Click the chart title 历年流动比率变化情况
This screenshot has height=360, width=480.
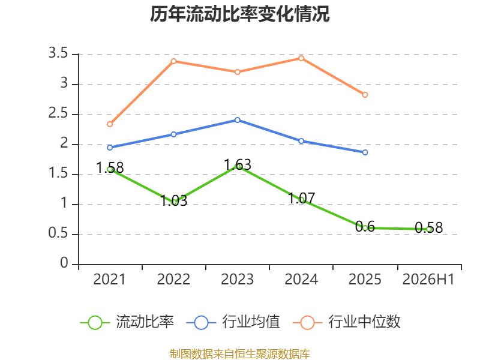point(239,14)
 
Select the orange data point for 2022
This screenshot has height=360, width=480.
point(173,61)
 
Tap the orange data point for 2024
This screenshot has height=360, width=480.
point(301,58)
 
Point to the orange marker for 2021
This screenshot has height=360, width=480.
point(110,124)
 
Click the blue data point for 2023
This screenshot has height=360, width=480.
point(238,120)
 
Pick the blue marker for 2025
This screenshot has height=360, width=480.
point(365,152)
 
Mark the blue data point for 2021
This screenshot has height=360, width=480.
point(110,148)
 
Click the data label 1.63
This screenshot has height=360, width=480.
point(238,164)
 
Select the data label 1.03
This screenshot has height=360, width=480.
point(174,200)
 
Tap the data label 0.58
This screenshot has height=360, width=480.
point(429,228)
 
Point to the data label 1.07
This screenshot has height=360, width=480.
point(302,198)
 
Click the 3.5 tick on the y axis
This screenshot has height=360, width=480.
point(58,53)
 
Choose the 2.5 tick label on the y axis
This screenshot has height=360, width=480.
point(58,113)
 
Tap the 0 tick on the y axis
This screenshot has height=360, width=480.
point(64,263)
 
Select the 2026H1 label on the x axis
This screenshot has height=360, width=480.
point(428,279)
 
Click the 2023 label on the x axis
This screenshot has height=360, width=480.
point(238,279)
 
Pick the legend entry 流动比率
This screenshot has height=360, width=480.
point(127,322)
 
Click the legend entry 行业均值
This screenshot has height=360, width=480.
point(233,322)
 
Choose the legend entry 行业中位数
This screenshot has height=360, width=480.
point(347,322)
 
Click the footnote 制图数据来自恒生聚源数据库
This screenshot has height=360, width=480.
point(240,353)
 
